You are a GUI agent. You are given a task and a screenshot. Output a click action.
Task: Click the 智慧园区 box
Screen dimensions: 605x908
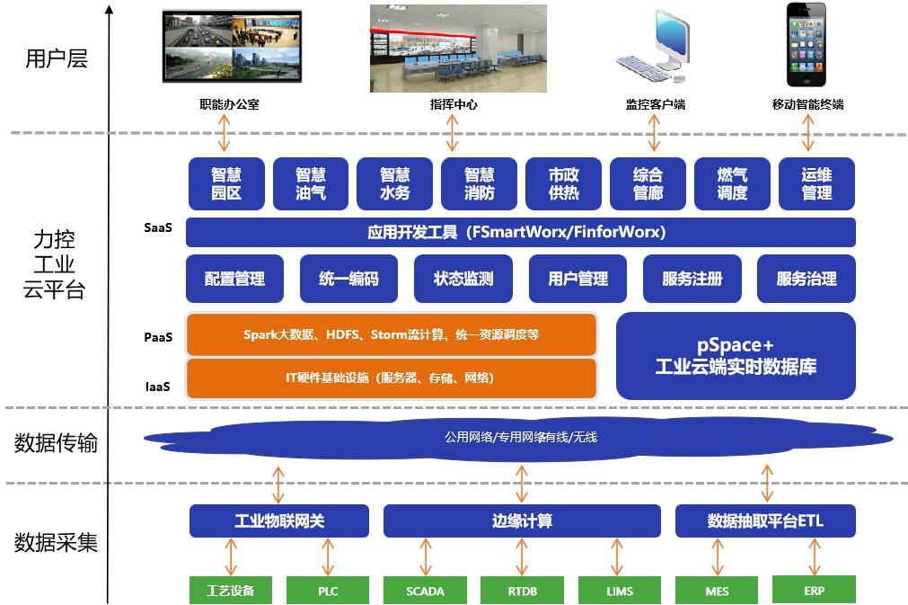(x=226, y=184)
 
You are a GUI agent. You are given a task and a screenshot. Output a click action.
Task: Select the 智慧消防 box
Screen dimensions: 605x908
(x=479, y=184)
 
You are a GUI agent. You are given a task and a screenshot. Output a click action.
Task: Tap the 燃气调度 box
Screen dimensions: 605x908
(x=732, y=184)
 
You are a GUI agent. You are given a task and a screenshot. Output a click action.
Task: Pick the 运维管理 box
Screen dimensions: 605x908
(x=816, y=184)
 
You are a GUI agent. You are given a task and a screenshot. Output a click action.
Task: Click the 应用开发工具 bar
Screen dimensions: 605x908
(x=520, y=232)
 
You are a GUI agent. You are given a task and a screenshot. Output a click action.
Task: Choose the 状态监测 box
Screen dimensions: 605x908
(x=463, y=279)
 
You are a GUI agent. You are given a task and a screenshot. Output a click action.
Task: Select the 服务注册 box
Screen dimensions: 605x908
(x=692, y=279)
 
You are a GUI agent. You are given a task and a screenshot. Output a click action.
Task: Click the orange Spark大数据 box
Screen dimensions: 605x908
(x=391, y=334)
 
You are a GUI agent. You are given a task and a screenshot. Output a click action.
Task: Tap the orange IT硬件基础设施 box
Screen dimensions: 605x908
(x=391, y=378)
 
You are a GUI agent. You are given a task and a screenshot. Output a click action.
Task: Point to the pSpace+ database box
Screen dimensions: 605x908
(x=736, y=356)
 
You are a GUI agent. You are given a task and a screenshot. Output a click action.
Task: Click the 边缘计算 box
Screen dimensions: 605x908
(x=522, y=520)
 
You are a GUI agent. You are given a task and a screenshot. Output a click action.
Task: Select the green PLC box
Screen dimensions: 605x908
(x=328, y=591)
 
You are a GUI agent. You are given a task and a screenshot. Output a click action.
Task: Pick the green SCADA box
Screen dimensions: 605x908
(x=425, y=591)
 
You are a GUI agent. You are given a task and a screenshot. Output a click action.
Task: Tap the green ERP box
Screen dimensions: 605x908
(x=814, y=590)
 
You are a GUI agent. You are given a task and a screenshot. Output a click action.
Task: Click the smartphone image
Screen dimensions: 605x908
(x=807, y=46)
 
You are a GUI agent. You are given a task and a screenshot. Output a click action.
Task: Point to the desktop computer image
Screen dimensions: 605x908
(x=655, y=47)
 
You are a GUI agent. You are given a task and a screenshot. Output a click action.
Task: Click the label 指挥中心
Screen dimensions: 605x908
(x=454, y=105)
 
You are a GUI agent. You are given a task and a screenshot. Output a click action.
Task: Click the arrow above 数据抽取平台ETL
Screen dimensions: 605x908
(x=767, y=483)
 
